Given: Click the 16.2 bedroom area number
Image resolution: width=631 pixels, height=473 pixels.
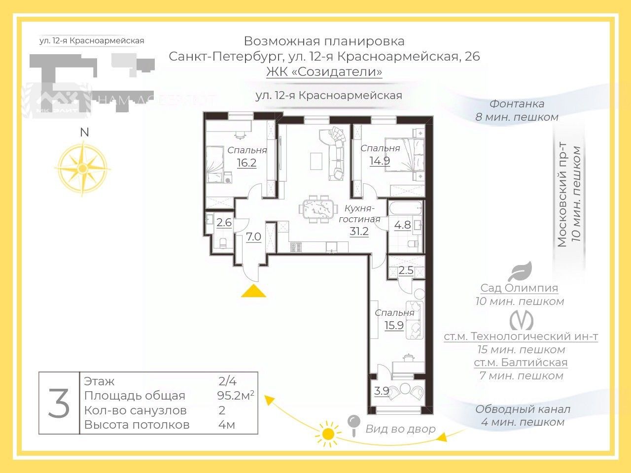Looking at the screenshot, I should (x=246, y=163).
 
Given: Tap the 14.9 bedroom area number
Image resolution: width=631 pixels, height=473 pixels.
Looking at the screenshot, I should (x=380, y=160).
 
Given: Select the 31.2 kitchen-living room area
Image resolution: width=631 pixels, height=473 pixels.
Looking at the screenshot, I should (x=359, y=231).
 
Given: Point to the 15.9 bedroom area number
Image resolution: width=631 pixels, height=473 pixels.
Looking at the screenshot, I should (x=394, y=325).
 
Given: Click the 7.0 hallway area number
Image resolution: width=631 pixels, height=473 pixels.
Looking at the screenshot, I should (x=253, y=237).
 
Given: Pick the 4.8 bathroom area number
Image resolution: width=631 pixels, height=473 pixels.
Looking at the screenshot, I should (x=402, y=225).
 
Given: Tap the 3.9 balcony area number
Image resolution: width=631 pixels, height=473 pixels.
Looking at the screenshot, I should (x=382, y=391).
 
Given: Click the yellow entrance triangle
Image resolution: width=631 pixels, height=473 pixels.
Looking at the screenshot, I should (x=253, y=291).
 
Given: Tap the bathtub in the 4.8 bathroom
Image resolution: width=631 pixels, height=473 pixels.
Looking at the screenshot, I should (x=405, y=207).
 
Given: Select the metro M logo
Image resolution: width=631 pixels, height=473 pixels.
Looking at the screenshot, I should (x=521, y=320).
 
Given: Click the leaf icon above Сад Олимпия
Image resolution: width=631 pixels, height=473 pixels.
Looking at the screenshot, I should (x=520, y=271).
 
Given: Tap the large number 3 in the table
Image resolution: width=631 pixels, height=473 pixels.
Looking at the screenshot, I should (x=59, y=403).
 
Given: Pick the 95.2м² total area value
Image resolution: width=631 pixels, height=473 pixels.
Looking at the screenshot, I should (x=236, y=395).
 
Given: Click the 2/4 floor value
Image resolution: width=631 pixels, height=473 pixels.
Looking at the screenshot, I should (x=228, y=381).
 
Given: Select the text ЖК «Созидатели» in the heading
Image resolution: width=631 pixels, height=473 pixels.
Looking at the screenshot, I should (x=324, y=72).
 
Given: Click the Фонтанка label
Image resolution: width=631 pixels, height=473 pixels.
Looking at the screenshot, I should (x=517, y=104).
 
